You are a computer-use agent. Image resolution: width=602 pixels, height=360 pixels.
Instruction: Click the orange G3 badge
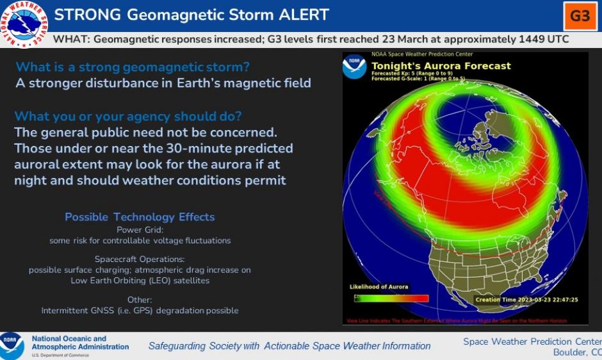tap(580, 16)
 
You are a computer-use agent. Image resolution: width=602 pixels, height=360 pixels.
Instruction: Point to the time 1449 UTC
tap(537, 39)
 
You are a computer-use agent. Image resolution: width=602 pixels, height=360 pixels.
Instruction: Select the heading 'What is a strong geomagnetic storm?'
tap(133, 67)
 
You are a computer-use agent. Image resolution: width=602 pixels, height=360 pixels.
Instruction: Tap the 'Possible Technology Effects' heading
tap(140, 217)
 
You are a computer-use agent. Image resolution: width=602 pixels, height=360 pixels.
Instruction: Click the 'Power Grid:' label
tap(140, 229)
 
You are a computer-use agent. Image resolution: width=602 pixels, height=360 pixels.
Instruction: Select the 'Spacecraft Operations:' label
tap(140, 259)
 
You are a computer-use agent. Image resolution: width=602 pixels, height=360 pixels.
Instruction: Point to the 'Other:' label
tap(140, 299)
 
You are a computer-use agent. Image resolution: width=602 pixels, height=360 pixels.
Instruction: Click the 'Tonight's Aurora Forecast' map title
tap(441, 66)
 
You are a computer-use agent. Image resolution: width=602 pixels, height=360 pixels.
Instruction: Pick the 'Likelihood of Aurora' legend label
tap(379, 286)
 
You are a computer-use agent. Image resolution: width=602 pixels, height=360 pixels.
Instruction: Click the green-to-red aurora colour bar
tap(391, 298)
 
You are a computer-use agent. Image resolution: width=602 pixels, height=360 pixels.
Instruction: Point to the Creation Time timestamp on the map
tap(526, 299)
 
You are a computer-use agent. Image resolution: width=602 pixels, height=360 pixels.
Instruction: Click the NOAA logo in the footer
tap(12, 345)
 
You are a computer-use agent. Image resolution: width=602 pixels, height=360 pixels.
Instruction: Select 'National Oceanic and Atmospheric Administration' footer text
tap(79, 343)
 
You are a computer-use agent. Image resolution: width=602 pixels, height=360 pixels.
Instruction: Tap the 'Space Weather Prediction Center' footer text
tap(532, 341)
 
